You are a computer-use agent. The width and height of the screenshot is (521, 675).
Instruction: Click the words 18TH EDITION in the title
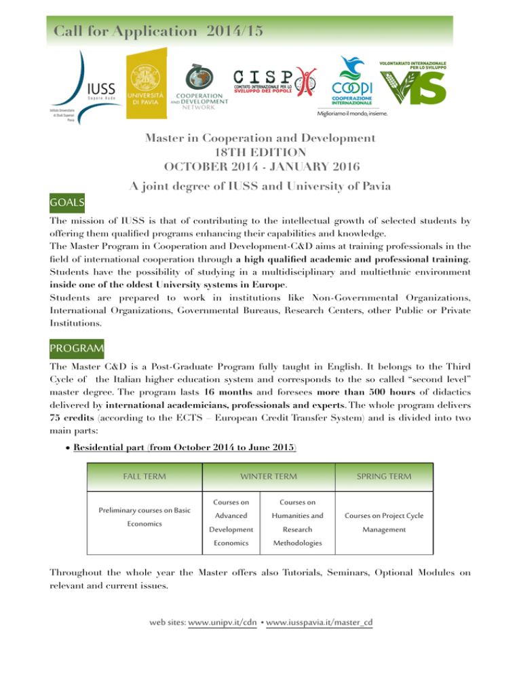click(260, 152)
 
